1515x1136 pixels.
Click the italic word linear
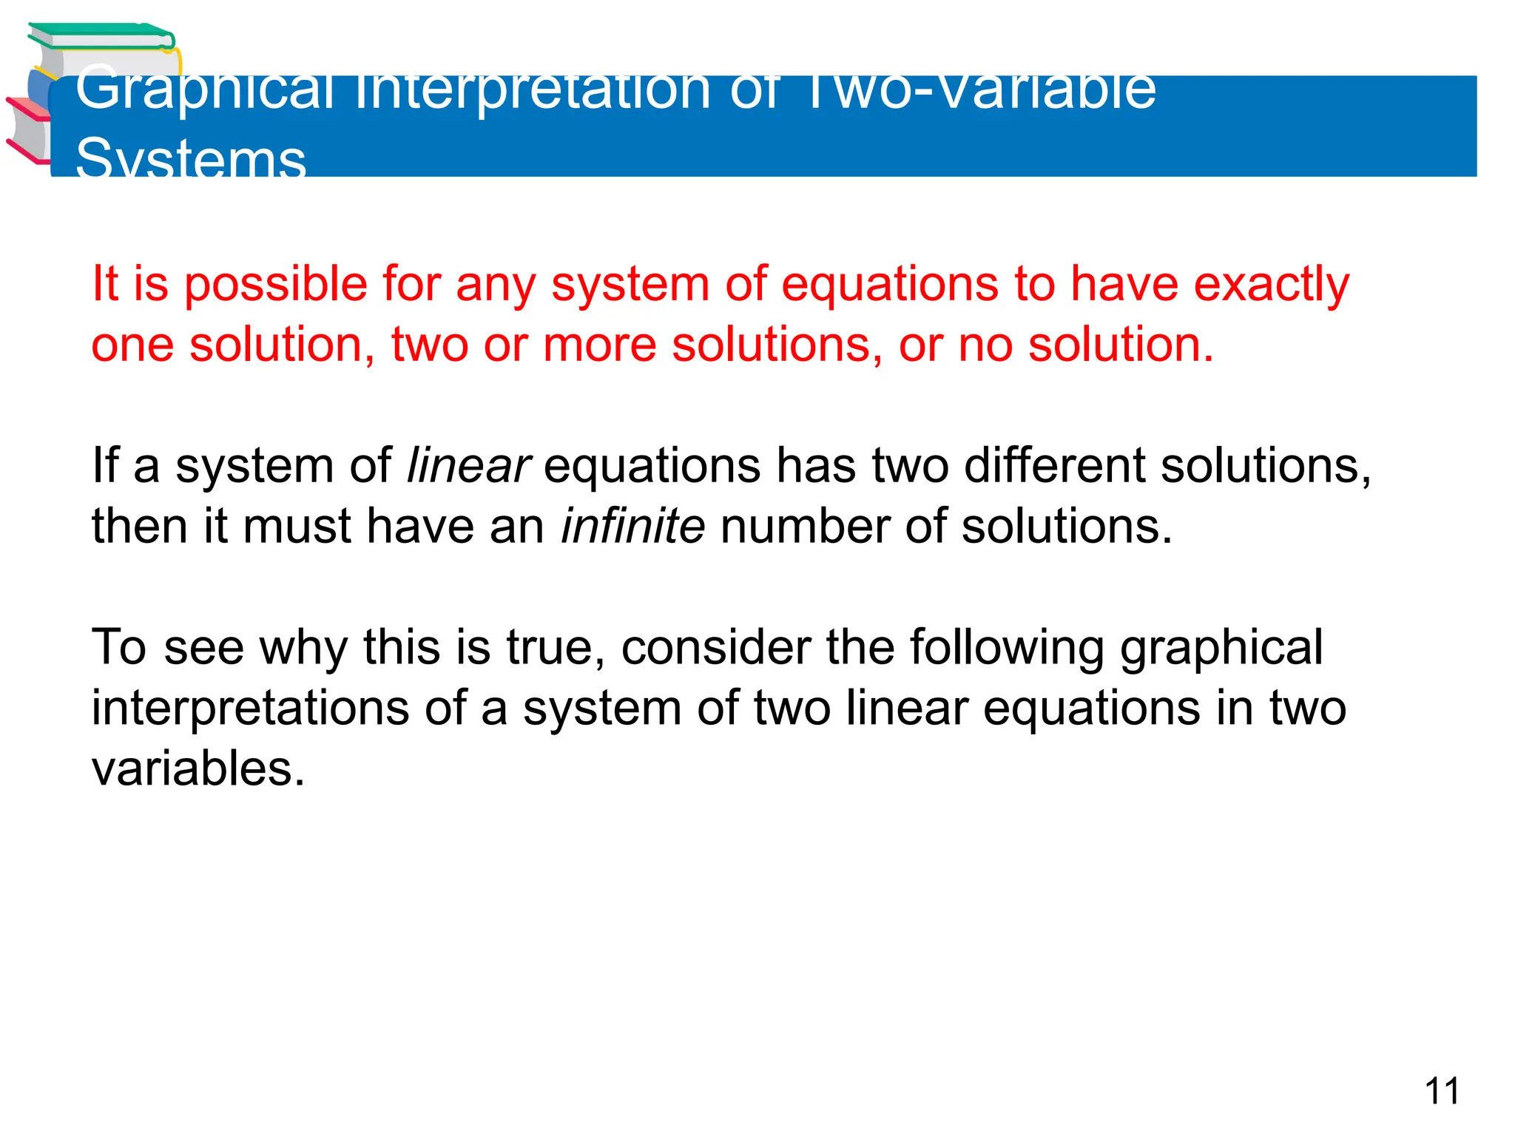468,467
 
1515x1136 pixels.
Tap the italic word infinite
632,527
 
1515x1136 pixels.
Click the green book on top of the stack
100,36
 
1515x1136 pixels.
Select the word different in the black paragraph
1054,467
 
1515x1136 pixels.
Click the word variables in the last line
198,768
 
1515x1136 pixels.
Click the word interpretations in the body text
250,709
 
